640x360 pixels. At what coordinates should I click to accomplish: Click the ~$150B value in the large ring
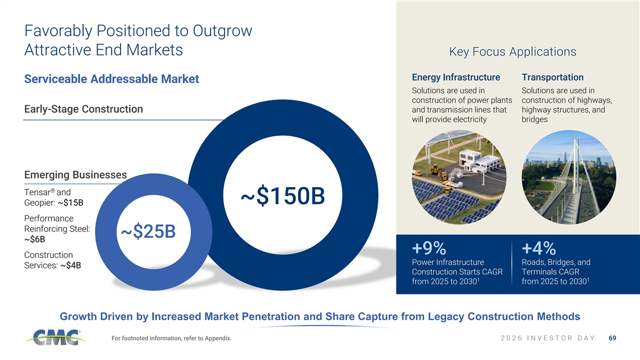(283, 196)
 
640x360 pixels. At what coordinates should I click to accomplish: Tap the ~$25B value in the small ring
(148, 231)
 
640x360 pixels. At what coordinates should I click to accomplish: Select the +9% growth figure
(429, 248)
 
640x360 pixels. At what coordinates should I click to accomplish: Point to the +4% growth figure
(539, 248)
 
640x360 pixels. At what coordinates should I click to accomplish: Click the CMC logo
(55, 338)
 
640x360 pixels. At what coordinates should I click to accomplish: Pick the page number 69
(612, 338)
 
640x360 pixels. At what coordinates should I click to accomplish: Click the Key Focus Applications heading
(513, 52)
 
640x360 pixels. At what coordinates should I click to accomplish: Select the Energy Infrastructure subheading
(455, 77)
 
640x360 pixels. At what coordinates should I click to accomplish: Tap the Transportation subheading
(553, 77)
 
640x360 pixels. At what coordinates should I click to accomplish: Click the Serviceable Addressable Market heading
(111, 79)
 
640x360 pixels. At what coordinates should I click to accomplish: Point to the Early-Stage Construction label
(83, 109)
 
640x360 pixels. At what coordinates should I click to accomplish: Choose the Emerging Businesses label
(75, 174)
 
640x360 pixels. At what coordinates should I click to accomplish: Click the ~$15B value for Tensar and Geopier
(70, 203)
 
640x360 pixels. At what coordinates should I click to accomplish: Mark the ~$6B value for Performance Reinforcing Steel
(35, 239)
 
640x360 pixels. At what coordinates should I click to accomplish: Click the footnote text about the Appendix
(171, 338)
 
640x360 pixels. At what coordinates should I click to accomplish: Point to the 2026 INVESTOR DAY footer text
(548, 338)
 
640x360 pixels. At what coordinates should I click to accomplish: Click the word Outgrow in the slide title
(222, 31)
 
